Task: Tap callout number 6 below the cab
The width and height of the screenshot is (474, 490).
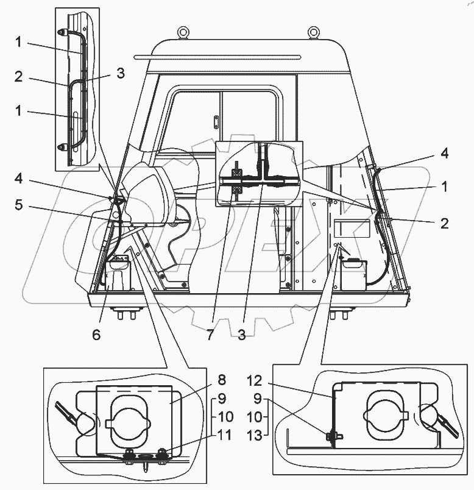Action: [x=96, y=334]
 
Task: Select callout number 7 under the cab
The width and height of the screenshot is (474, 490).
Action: [x=210, y=335]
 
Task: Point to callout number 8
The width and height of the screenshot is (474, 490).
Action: [x=221, y=380]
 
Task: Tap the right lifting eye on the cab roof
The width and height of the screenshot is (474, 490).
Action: [x=314, y=30]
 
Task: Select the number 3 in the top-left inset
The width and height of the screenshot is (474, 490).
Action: [x=121, y=73]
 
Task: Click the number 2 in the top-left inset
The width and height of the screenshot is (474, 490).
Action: [x=19, y=77]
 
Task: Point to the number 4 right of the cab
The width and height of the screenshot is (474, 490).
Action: [x=445, y=153]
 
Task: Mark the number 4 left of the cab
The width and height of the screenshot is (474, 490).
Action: [x=18, y=179]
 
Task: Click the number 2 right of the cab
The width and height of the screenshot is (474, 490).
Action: [x=445, y=223]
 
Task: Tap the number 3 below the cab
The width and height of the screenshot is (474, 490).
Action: [x=241, y=335]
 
